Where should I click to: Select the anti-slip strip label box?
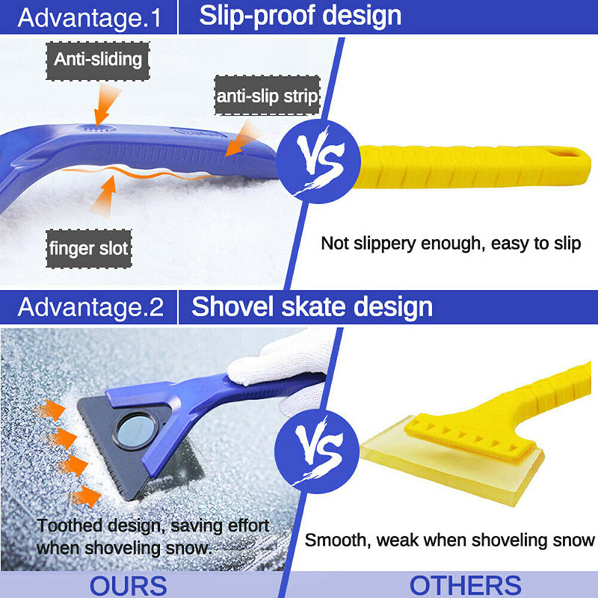[x=268, y=95]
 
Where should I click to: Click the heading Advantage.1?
[x=88, y=17]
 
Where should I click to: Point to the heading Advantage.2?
[x=88, y=307]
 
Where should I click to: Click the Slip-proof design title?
[x=300, y=16]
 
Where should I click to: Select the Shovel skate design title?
[x=312, y=306]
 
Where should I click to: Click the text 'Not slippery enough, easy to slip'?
[x=451, y=244]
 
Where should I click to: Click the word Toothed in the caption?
[x=68, y=526]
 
